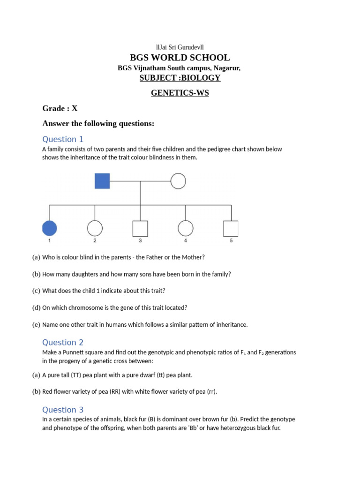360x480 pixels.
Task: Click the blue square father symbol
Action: pos(102,181)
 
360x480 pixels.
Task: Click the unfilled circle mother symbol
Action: pos(178,181)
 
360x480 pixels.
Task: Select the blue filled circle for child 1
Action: pos(49,228)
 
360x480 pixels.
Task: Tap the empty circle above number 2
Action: pos(95,228)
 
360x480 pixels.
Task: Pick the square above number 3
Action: pos(140,228)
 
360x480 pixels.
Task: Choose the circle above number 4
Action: pos(186,228)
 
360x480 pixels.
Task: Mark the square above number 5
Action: pos(231,228)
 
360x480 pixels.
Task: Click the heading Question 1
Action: pos(63,139)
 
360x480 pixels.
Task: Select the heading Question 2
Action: pos(63,343)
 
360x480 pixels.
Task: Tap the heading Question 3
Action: pos(63,410)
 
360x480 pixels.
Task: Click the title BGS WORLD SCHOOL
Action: pos(180,58)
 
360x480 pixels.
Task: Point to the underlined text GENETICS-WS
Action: pos(180,93)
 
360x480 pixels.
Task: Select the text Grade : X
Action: pos(60,108)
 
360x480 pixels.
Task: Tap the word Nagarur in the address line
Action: pos(227,68)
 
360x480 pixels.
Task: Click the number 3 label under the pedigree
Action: pos(140,240)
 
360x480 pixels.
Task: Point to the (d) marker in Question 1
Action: pos(36,307)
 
